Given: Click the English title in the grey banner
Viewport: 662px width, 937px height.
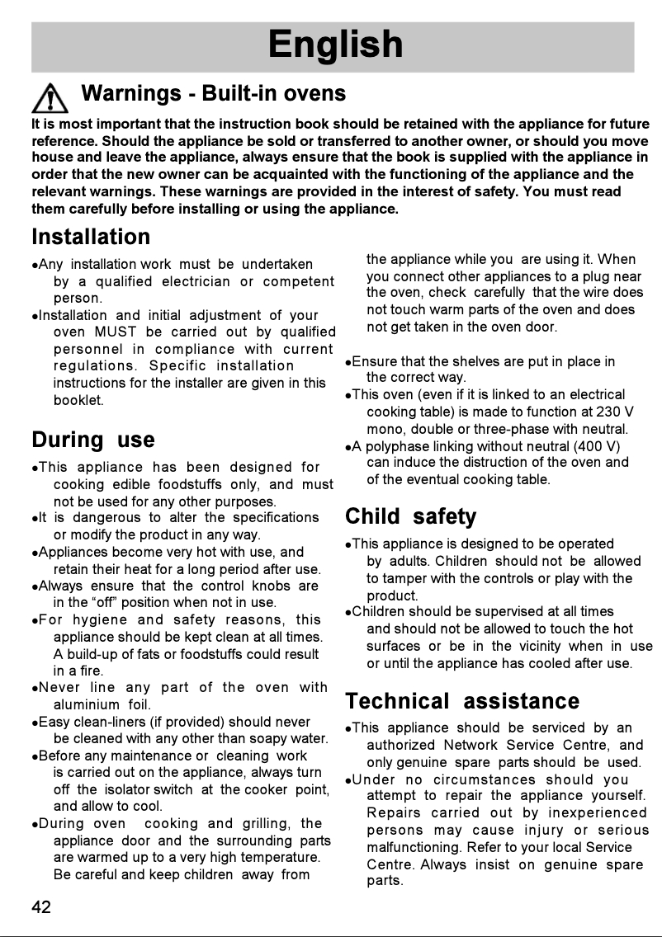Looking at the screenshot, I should [x=335, y=45].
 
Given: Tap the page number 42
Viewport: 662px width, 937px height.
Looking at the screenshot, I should [x=41, y=907].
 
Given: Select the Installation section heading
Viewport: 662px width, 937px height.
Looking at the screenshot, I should [x=91, y=238].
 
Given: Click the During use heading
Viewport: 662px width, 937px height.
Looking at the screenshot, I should [x=92, y=440].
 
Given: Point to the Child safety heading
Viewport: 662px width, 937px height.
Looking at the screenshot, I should [x=410, y=517].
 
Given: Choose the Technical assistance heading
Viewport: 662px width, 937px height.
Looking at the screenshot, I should [x=462, y=701].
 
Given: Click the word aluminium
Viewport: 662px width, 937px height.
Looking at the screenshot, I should [x=87, y=704].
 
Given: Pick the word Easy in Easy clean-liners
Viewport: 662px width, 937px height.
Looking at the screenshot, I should [x=54, y=722].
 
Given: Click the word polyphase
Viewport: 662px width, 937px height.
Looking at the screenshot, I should [x=395, y=446].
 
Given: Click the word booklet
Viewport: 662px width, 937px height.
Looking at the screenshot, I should [x=78, y=401].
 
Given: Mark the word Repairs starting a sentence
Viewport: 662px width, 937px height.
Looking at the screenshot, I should [x=395, y=813].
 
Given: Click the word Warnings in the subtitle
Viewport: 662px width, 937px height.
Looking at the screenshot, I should [x=131, y=93].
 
